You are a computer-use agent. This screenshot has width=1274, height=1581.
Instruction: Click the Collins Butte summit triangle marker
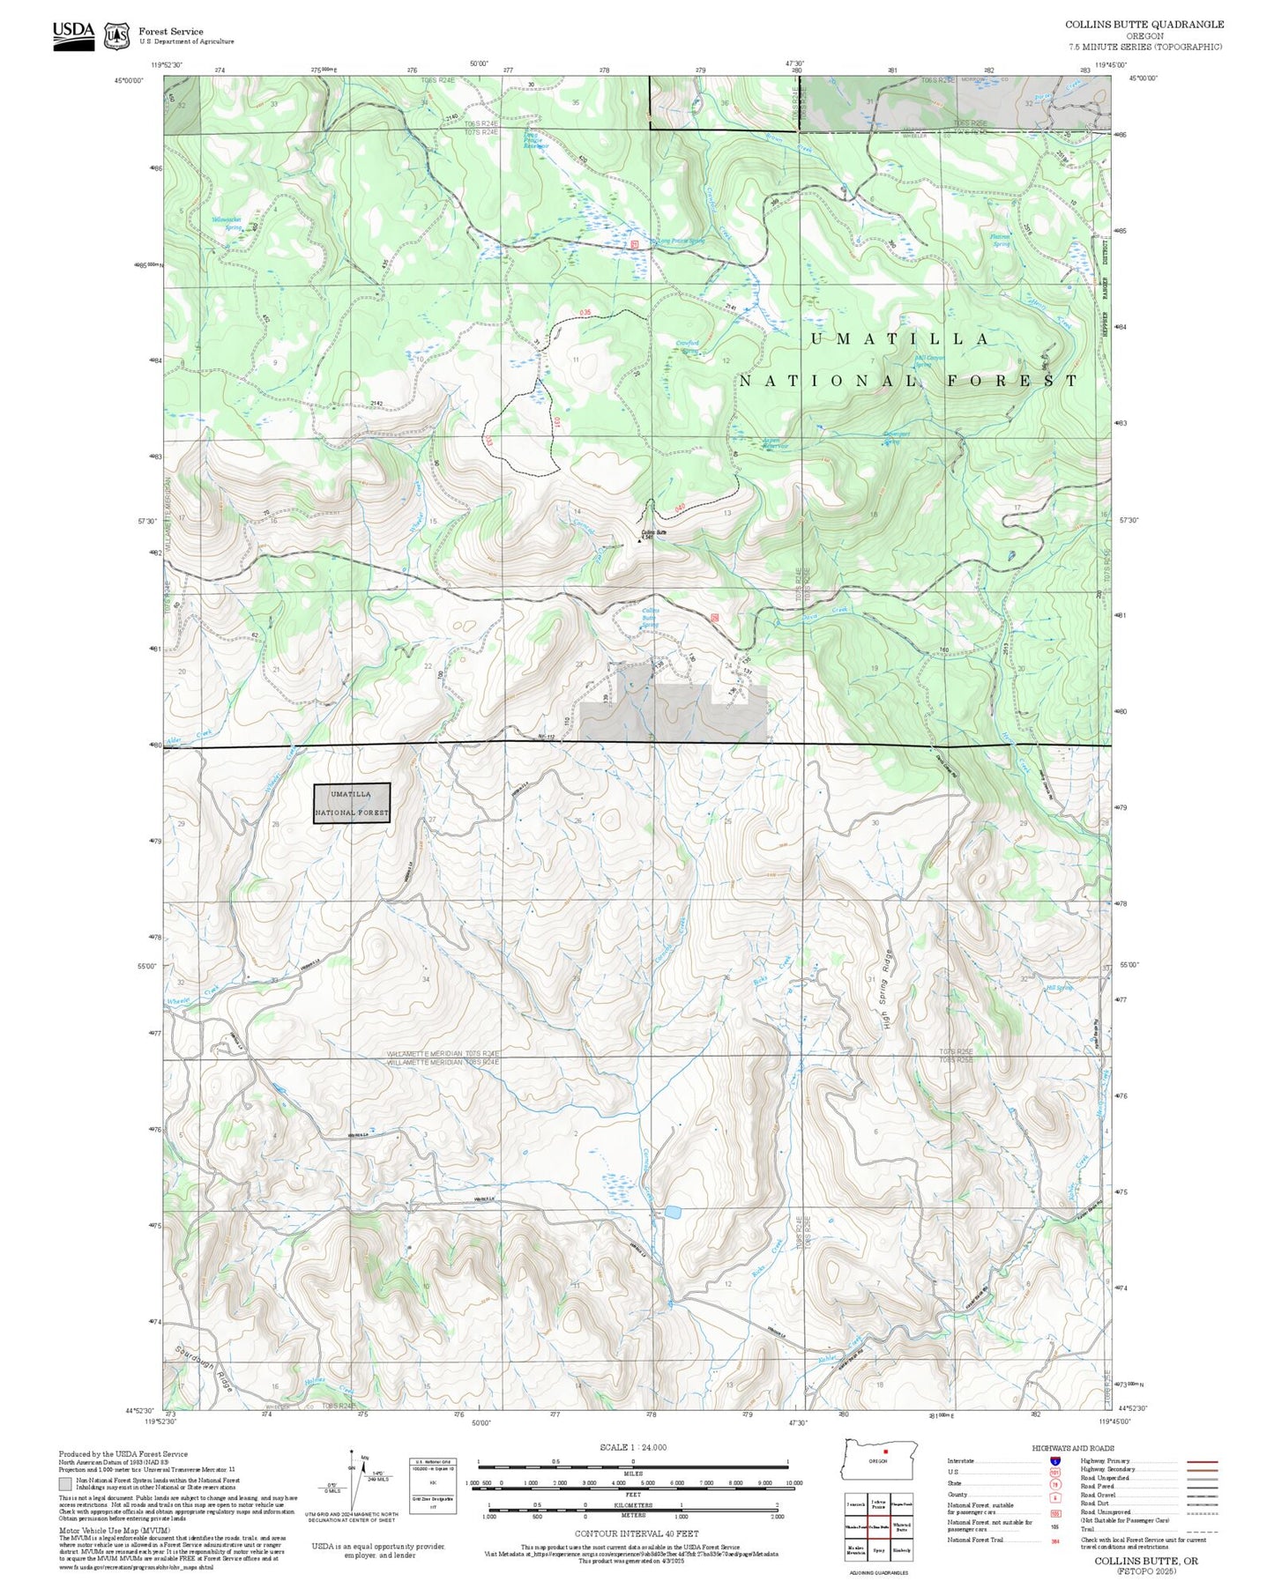(640, 540)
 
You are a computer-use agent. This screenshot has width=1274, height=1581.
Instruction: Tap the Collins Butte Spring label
(649, 618)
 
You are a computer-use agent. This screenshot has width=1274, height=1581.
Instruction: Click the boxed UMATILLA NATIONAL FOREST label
(352, 803)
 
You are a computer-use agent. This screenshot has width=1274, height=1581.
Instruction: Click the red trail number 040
(680, 507)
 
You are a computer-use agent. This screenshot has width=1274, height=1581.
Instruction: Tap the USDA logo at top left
(73, 35)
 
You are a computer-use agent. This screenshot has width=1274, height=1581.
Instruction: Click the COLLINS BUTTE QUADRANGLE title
(1144, 25)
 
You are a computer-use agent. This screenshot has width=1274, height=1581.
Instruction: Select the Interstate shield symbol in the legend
(1054, 1461)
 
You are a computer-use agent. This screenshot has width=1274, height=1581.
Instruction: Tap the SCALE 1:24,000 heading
(633, 1447)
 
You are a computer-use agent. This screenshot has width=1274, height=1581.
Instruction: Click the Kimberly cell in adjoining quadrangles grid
(901, 1549)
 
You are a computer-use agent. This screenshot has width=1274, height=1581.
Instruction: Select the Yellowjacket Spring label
(226, 223)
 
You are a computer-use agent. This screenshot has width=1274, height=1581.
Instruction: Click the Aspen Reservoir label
(775, 443)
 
